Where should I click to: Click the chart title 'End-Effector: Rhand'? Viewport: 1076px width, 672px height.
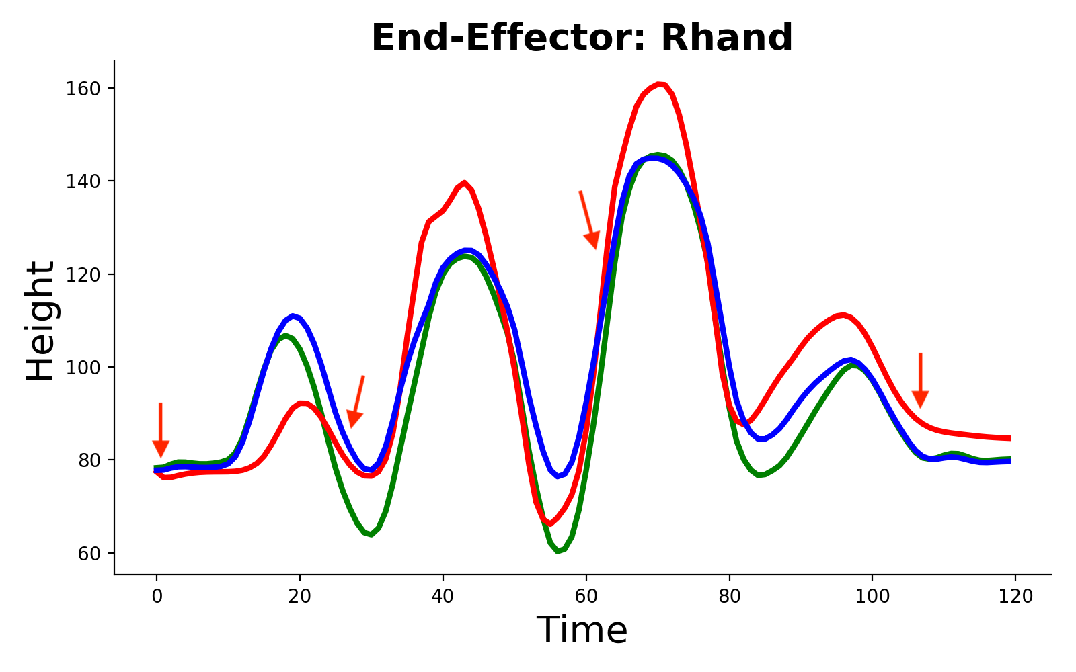point(582,38)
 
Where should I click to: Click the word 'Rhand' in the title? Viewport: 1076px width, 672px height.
point(727,38)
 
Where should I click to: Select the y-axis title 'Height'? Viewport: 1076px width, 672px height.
point(40,321)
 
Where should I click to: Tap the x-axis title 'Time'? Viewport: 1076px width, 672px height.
point(582,630)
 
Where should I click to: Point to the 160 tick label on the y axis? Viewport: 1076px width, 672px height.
point(83,89)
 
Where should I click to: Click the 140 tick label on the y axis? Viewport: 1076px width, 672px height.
point(83,181)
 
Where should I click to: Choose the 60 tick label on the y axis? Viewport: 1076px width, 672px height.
point(89,554)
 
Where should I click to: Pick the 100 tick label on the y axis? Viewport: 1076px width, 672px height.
point(83,368)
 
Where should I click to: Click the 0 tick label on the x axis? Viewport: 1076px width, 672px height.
point(157,597)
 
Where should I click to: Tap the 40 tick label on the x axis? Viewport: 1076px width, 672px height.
point(443,597)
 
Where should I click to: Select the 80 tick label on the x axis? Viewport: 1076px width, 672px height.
point(729,597)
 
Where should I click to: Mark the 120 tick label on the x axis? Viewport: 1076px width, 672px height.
point(1015,597)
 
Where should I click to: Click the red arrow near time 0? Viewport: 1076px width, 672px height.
point(161,430)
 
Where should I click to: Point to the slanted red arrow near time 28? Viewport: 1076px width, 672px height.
point(356,401)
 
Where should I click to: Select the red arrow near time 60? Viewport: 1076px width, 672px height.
point(589,220)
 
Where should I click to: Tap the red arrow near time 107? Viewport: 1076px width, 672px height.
point(921,380)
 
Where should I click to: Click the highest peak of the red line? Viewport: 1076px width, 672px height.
point(660,84)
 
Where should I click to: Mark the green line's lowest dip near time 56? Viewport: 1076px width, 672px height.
point(558,552)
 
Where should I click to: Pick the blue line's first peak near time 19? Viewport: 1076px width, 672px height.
point(293,316)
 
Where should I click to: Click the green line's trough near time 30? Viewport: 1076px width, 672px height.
point(371,534)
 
